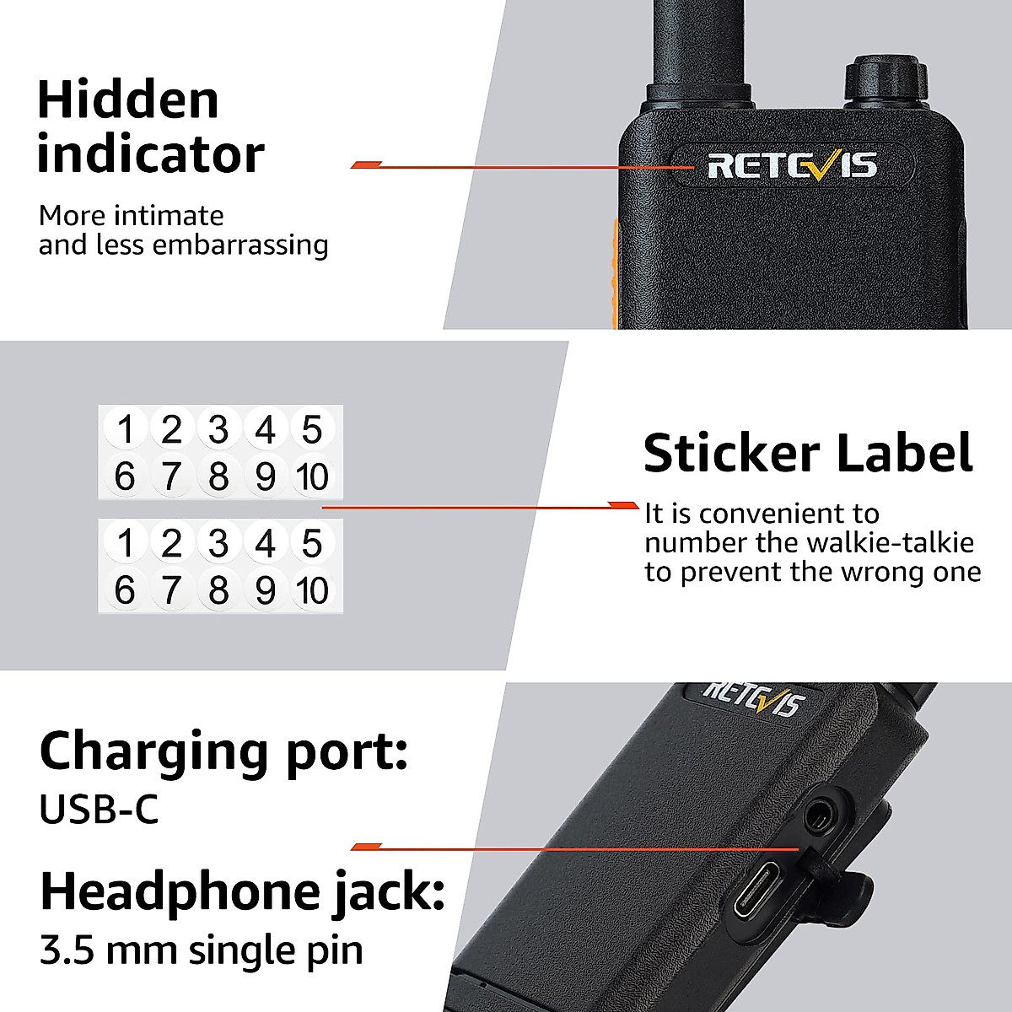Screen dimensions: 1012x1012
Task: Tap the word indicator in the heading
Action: pyautogui.click(x=150, y=154)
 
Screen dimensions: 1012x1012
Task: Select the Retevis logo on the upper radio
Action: pyautogui.click(x=791, y=165)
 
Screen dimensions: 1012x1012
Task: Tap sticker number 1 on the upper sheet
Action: pyautogui.click(x=126, y=430)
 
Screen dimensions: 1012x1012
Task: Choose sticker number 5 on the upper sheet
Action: pyautogui.click(x=312, y=430)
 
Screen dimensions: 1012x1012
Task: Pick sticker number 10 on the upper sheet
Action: pyautogui.click(x=312, y=477)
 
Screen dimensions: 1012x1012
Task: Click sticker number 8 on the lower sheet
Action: pyautogui.click(x=218, y=591)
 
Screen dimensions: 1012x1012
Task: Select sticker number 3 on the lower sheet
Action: pyautogui.click(x=218, y=544)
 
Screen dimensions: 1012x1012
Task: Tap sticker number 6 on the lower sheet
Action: pyautogui.click(x=125, y=591)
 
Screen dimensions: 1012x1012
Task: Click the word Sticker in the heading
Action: pyautogui.click(x=731, y=454)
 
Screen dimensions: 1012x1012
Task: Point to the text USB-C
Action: pyautogui.click(x=99, y=810)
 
